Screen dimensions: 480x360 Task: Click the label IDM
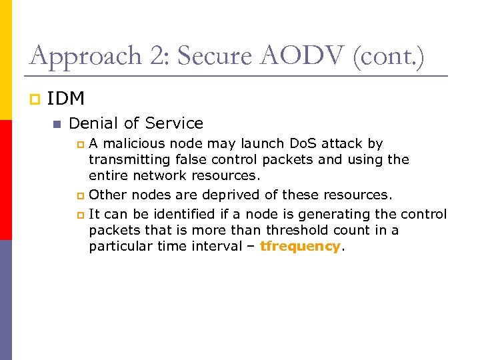click(66, 99)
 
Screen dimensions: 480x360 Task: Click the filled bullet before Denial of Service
click(57, 124)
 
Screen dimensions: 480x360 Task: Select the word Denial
click(91, 123)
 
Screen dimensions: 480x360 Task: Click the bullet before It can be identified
click(81, 215)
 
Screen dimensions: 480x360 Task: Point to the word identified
click(184, 214)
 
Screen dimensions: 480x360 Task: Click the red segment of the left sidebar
click(6, 180)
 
